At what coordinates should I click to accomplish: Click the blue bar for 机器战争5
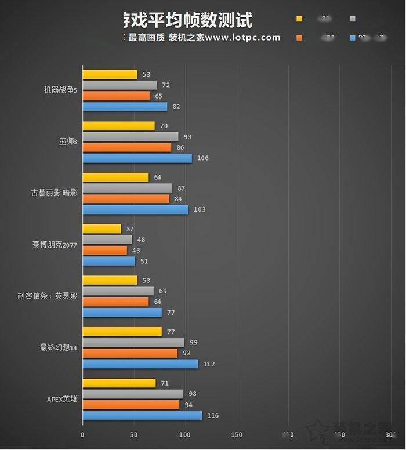coord(125,107)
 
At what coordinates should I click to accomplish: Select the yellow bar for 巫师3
coord(118,126)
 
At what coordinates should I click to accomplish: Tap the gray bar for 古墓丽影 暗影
coord(127,188)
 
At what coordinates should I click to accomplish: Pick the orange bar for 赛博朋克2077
coord(104,251)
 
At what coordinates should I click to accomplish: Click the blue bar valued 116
coord(142,416)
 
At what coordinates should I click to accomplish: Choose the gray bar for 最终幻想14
coord(133,343)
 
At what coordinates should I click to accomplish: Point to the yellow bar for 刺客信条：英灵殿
coord(110,280)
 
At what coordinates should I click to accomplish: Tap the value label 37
coord(130,229)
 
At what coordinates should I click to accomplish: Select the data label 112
coord(209,364)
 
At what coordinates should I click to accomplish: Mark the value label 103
coord(200,209)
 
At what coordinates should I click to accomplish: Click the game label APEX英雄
coord(61,399)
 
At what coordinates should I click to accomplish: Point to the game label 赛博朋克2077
coord(55,245)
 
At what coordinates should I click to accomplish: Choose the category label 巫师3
coord(67,142)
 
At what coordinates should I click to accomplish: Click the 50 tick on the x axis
coord(133,434)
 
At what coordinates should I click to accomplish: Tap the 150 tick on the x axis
coord(236,434)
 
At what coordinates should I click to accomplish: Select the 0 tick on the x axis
coord(82,434)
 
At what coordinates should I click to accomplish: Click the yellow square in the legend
coord(299,19)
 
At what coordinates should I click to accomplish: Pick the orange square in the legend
coord(299,38)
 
